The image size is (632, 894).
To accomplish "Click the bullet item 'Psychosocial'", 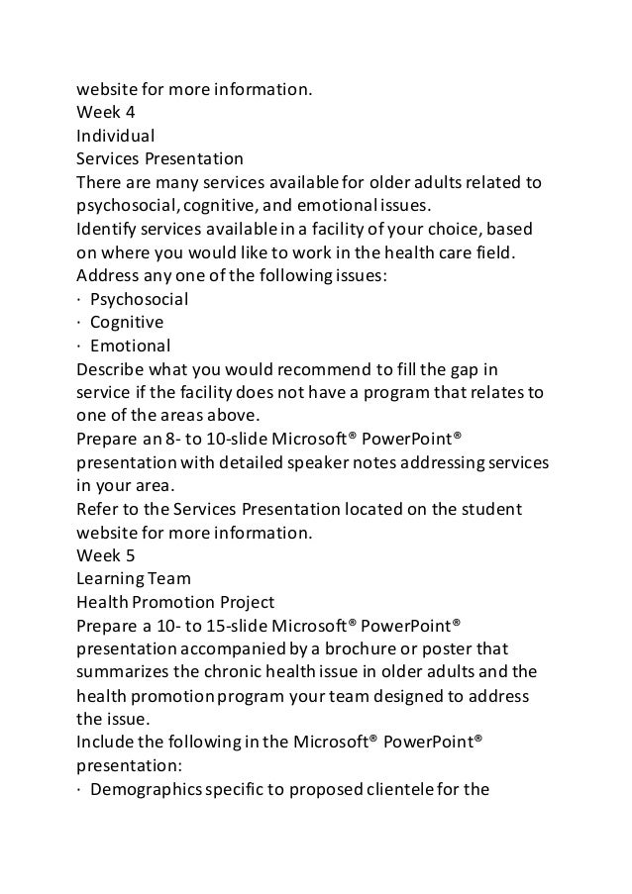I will pos(139,299).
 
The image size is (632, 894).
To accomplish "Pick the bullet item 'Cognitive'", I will pos(127,323).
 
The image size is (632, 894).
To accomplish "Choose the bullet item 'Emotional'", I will pos(130,347).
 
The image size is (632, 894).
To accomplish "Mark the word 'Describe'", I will pos(112,370).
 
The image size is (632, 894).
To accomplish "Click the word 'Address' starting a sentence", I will pos(109,276).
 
